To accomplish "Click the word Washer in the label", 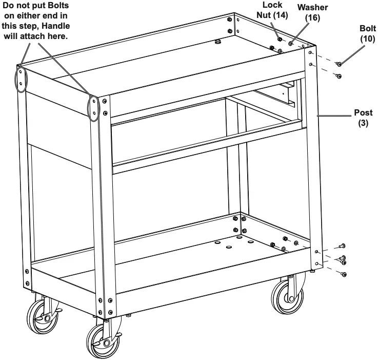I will [x=313, y=8].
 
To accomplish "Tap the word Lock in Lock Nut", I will [x=272, y=5].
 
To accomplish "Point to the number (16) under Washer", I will [x=312, y=17].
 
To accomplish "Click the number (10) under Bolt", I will [x=367, y=38].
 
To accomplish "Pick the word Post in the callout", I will [x=364, y=113].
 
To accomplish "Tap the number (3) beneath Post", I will [x=364, y=123].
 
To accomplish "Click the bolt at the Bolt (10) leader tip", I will [x=339, y=64].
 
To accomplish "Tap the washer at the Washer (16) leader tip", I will [x=291, y=44].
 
